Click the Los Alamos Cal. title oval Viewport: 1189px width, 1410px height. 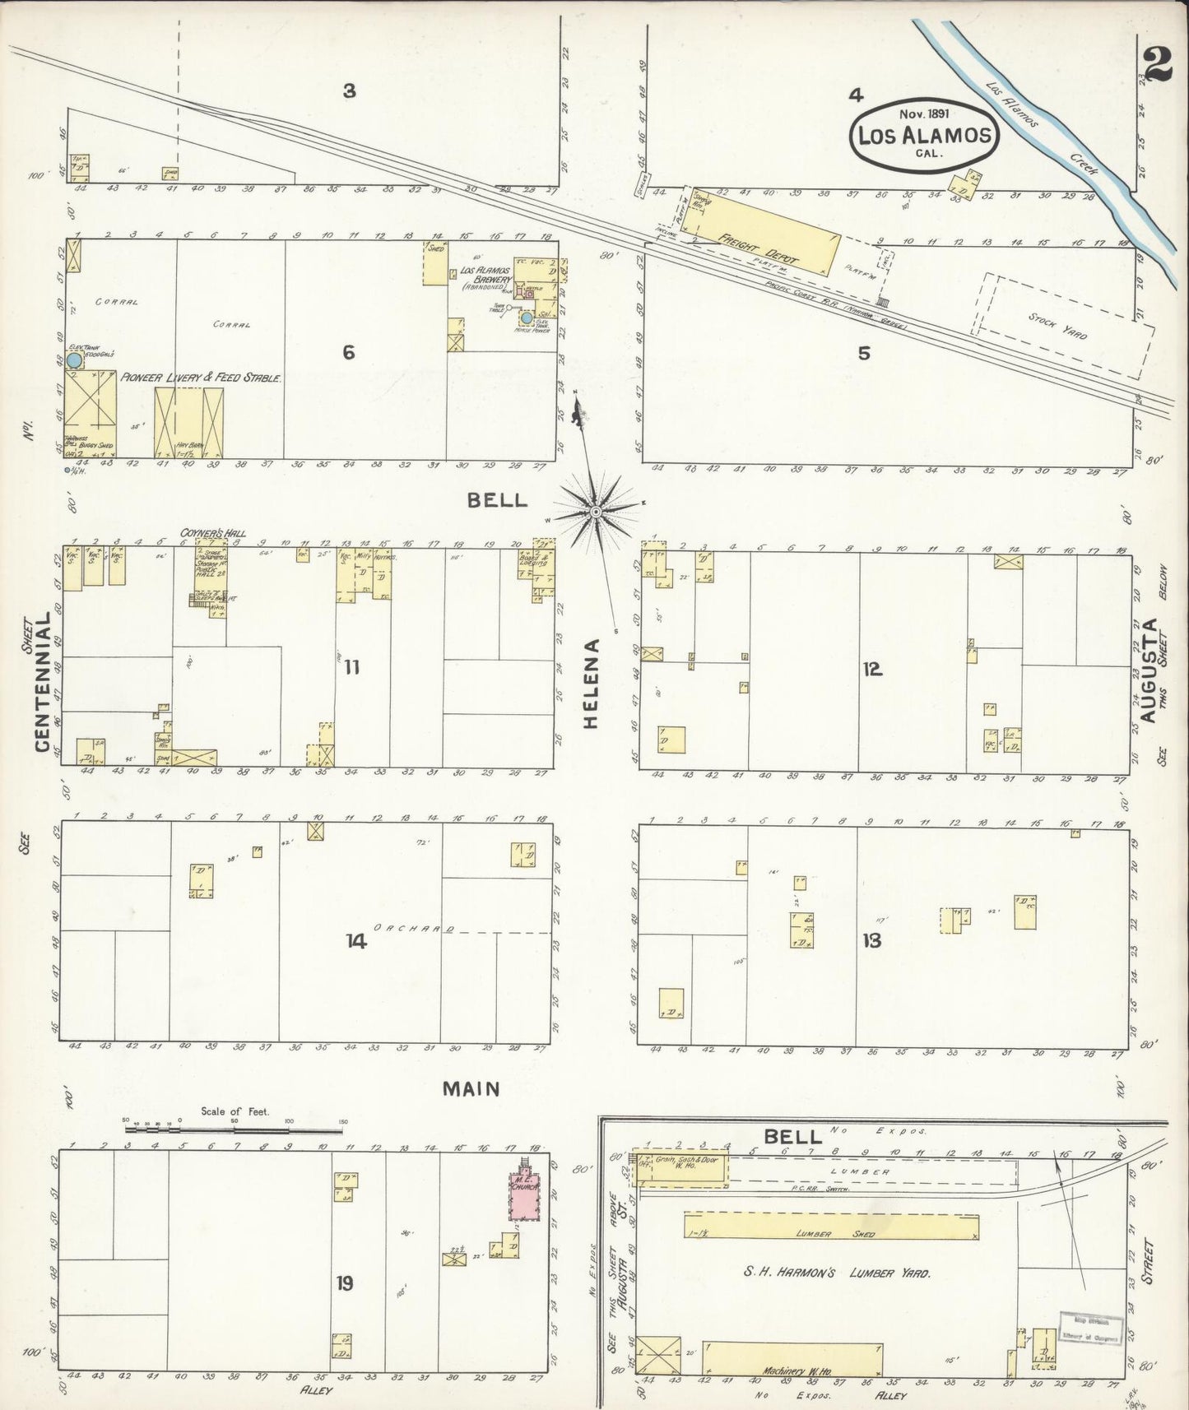tap(924, 137)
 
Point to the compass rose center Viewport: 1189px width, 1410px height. tap(596, 512)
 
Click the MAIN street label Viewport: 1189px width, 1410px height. tap(471, 1088)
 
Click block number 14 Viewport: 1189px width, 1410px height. tap(356, 941)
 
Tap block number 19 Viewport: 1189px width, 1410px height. tap(345, 1282)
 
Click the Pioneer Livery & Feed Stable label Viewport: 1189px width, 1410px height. tap(202, 378)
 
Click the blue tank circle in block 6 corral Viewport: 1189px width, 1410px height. tap(74, 359)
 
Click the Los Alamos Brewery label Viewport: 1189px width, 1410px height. tap(485, 276)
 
